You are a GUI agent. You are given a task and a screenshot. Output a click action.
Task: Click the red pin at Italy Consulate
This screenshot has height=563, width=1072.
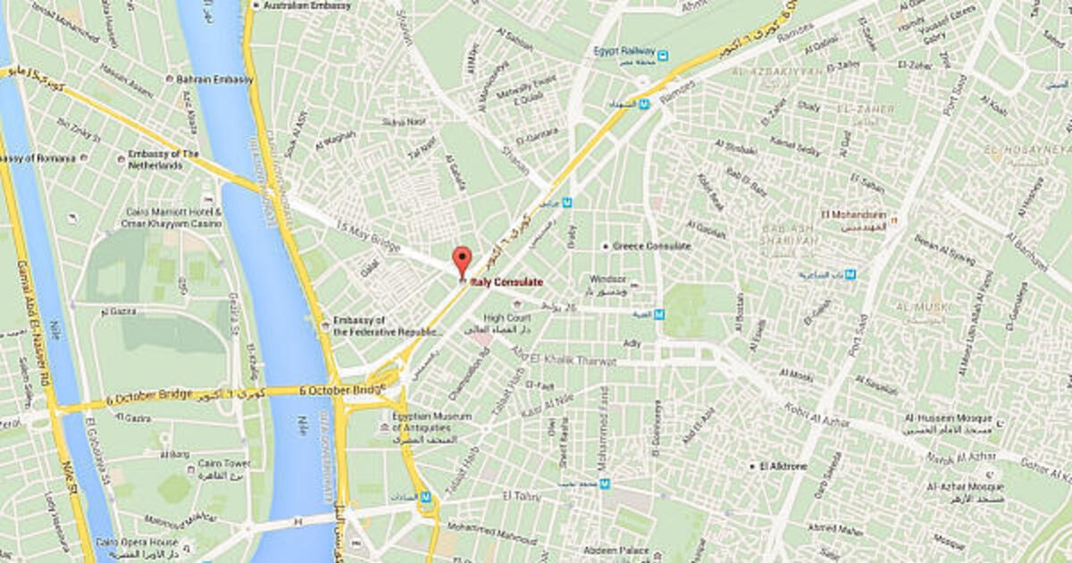[x=462, y=260]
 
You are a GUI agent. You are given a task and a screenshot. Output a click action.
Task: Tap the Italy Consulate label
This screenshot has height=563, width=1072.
[x=507, y=281]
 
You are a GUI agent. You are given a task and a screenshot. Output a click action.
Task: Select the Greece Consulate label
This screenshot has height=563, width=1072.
[x=651, y=246]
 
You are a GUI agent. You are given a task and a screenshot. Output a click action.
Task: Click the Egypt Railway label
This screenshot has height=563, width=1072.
[x=624, y=51]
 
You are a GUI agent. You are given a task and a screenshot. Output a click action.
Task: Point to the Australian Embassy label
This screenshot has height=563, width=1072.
[x=307, y=5]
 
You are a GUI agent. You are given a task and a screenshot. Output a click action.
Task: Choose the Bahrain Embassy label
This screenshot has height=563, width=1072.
[x=214, y=79]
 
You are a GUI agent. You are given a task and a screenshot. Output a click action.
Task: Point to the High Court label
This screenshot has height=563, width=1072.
[x=507, y=317]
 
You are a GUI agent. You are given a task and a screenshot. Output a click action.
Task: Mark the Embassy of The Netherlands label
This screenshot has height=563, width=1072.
[x=163, y=158]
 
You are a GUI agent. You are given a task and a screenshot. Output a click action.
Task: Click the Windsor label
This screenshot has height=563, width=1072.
[x=608, y=279]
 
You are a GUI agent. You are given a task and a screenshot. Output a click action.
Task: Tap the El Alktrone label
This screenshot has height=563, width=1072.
[x=784, y=466]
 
